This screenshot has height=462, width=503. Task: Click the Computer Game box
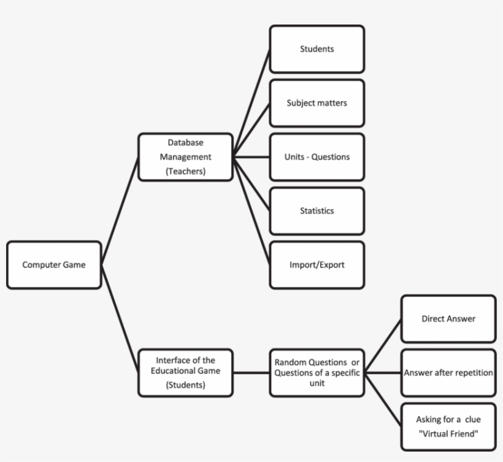54,265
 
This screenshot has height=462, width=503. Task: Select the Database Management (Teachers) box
185,157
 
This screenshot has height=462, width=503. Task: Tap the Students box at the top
317,49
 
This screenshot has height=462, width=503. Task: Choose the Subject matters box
317,103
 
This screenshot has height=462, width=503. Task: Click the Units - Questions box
317,157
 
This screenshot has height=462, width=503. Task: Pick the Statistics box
317,211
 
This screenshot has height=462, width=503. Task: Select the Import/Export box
317,265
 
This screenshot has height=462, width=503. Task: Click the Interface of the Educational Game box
185,372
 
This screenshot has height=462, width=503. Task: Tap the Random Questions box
317,372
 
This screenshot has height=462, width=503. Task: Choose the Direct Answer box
448,319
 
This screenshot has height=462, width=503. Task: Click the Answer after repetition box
448,372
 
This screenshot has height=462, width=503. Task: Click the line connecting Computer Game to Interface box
120,318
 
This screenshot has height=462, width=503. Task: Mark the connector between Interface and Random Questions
251,372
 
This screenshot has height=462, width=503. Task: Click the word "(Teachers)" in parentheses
185,172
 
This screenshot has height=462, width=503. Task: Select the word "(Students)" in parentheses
185,386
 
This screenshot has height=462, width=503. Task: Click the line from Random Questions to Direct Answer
383,345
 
